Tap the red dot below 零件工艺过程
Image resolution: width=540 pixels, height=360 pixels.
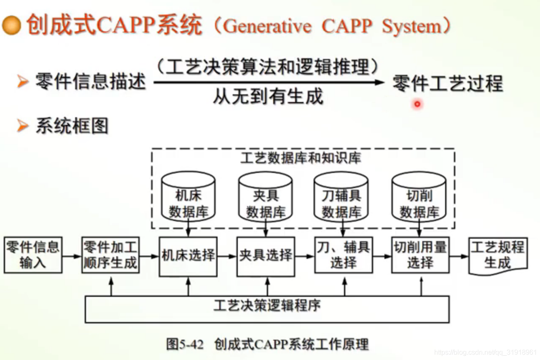(x=417, y=104)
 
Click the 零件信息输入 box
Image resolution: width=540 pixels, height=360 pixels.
(x=33, y=255)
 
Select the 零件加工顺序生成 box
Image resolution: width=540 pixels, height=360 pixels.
(x=110, y=255)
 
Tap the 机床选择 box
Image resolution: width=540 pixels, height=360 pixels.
(x=188, y=256)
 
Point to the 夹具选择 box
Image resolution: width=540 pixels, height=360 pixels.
(x=266, y=256)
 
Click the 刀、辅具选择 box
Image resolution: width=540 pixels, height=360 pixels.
(x=343, y=255)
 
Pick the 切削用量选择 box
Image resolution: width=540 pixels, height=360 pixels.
(x=420, y=255)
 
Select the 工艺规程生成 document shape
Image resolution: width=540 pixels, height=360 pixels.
(x=498, y=255)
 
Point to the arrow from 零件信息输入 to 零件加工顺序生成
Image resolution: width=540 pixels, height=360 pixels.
(x=72, y=256)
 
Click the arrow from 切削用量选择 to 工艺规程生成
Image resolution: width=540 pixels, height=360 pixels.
(x=459, y=256)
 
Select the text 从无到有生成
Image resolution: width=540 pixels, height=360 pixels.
(x=268, y=97)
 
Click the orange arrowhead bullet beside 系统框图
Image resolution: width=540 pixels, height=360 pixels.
(x=23, y=126)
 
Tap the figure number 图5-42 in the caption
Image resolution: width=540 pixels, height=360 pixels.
(x=185, y=344)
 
